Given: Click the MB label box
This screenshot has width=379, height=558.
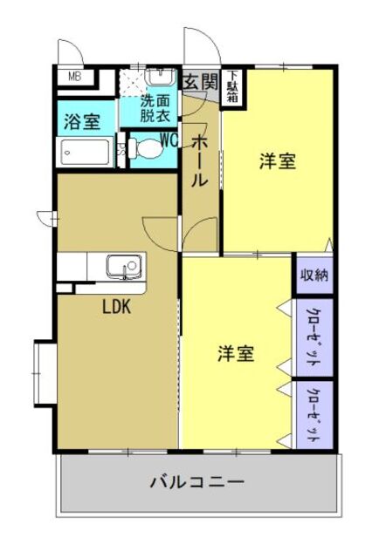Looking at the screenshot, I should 75,76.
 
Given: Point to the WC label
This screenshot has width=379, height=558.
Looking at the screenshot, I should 169,137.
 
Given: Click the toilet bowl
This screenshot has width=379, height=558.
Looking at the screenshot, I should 147,151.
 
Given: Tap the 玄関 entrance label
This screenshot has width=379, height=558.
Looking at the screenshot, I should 200,83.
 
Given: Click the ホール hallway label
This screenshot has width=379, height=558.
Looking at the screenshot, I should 200,166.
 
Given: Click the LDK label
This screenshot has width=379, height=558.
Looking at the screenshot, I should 117,307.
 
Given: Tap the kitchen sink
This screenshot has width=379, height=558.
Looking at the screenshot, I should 122,265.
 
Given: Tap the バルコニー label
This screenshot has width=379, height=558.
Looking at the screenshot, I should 196,480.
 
